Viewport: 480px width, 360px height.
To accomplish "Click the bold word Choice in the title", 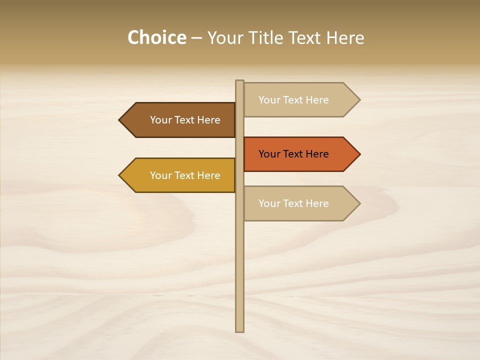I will click(156, 37).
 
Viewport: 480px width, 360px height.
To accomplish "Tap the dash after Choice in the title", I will click(196, 38).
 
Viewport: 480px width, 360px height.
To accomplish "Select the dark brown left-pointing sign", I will click(180, 120).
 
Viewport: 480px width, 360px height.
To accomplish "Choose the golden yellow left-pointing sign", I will click(180, 175).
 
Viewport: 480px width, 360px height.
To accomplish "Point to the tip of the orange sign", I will click(358, 154).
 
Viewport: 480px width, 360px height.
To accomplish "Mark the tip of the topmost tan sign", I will click(358, 99).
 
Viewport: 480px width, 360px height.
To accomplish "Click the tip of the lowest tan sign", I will click(358, 203).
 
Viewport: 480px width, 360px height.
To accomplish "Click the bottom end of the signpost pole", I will click(240, 330).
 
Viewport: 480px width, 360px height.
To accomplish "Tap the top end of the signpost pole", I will click(240, 82).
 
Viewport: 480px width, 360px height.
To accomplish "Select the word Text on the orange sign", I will click(293, 154).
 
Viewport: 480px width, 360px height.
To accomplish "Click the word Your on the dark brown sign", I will click(160, 120).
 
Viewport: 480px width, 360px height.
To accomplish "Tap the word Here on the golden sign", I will click(208, 175).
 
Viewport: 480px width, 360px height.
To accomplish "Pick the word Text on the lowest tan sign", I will click(293, 203).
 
